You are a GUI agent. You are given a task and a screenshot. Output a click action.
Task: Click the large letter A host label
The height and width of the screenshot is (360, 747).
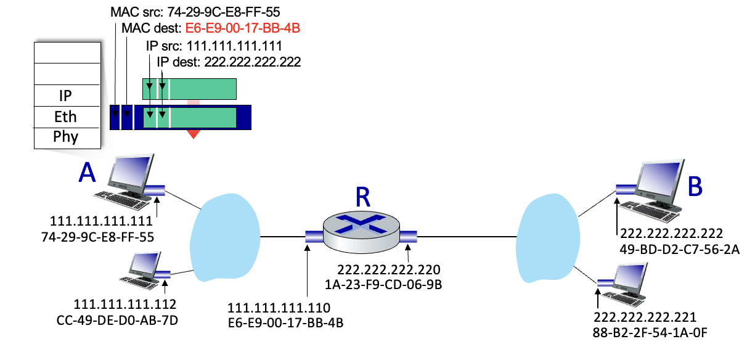(x=88, y=174)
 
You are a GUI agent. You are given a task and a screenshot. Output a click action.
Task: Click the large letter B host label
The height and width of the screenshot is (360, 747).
(x=695, y=187)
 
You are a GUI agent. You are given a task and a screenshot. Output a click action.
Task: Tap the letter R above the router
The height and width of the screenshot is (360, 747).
(x=363, y=197)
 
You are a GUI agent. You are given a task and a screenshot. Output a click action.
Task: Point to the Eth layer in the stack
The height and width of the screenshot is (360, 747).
(x=67, y=116)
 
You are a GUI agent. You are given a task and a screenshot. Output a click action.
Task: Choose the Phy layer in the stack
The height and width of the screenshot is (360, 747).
(x=67, y=137)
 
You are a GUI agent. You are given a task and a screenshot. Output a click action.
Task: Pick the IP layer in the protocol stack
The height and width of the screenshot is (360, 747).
(x=67, y=95)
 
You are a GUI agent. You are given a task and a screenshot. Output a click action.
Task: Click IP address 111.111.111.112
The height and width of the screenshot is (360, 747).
(x=125, y=304)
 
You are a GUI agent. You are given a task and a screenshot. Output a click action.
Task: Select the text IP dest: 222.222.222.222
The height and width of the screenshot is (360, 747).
(x=229, y=62)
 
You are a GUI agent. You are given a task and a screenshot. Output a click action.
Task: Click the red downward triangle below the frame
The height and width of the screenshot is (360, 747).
(x=194, y=134)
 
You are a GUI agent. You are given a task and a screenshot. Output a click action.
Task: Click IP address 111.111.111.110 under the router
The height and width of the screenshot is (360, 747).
(x=279, y=308)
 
